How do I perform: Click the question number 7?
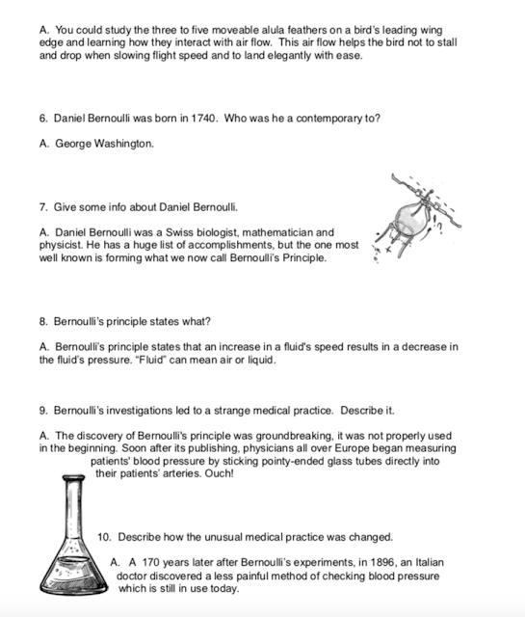coord(43,207)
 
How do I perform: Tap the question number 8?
coord(43,321)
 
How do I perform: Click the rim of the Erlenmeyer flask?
coord(73,478)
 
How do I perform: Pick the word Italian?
coord(430,562)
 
